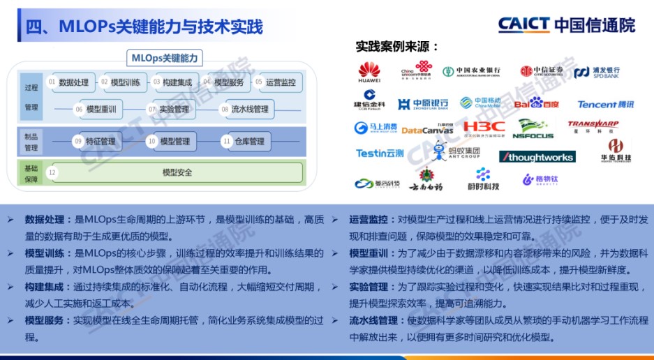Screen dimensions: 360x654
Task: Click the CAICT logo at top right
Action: pos(566,25)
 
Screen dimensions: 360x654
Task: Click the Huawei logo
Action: pos(369,72)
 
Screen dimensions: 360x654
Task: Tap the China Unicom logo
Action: pos(417,71)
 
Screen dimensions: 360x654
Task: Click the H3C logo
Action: pos(484,128)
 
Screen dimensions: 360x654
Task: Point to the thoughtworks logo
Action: pos(537,156)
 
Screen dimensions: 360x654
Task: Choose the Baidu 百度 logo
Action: pos(536,104)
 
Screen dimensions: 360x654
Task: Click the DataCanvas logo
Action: pos(427,130)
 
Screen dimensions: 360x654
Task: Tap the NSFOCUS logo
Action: pos(535,129)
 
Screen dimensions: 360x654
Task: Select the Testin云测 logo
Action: pos(380,153)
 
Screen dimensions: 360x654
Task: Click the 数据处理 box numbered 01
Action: pos(68,82)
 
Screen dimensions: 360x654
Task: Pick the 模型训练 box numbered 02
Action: pos(121,82)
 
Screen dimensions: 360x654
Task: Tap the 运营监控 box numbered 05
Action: pos(280,82)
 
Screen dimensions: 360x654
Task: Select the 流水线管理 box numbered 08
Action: pos(245,109)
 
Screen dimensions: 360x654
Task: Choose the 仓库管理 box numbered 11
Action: pos(245,142)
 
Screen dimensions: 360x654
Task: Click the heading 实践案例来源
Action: pos(397,47)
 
